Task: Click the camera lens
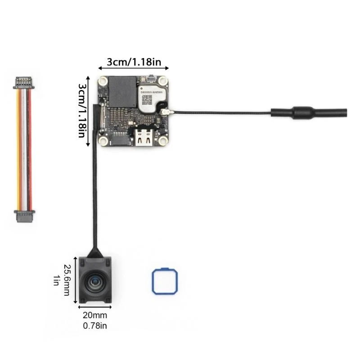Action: pos(95,282)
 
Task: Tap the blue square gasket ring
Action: pos(163,281)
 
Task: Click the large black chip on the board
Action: pos(122,91)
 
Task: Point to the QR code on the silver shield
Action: pos(147,98)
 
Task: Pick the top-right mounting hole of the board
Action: pos(162,83)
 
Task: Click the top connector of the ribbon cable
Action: pos(24,83)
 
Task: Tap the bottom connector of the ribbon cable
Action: pos(24,216)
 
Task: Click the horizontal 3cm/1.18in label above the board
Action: pos(134,62)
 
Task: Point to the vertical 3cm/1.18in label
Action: pos(83,110)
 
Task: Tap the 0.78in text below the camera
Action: pos(95,325)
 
